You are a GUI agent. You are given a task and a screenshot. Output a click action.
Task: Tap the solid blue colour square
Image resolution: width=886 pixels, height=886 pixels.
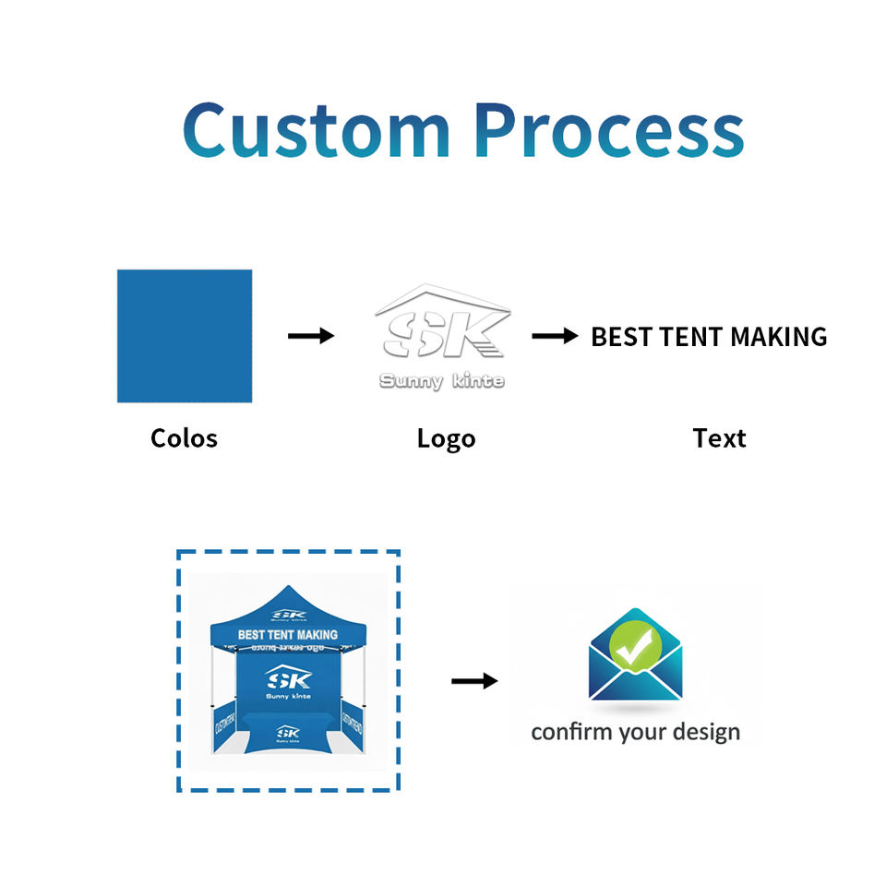[x=185, y=336]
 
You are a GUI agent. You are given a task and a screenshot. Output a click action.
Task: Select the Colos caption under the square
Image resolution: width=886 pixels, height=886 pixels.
[x=184, y=437]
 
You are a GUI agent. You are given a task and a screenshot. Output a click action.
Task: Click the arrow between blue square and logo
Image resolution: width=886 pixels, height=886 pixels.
[x=310, y=336]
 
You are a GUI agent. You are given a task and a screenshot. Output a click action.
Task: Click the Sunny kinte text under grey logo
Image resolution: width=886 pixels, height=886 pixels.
[x=442, y=381]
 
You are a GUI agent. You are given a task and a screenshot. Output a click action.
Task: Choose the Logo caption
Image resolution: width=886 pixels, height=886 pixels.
[x=446, y=438]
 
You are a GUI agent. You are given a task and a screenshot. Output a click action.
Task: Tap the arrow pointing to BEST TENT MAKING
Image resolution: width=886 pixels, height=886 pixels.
[x=555, y=336]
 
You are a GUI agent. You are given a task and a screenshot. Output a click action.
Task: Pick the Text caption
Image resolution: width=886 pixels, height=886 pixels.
[x=719, y=438]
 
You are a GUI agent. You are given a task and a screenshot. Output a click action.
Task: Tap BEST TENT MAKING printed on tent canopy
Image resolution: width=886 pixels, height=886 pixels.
[x=288, y=635]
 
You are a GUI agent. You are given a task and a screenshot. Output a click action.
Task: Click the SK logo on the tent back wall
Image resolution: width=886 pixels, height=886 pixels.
[x=289, y=679]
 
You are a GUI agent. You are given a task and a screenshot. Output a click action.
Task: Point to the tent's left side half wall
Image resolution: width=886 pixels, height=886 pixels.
[x=224, y=724]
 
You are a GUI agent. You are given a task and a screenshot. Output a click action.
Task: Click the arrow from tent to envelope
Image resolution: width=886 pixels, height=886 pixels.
[x=473, y=681]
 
